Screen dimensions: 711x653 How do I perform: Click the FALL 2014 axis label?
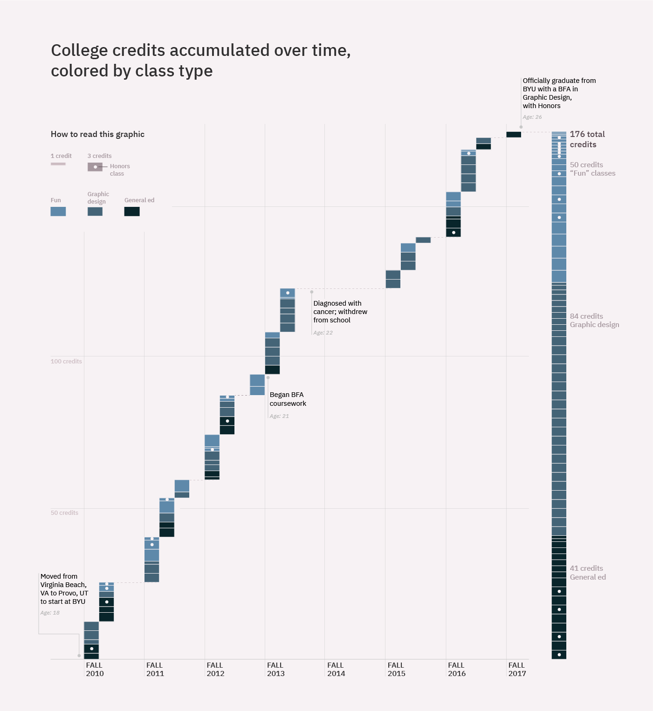coord(336,669)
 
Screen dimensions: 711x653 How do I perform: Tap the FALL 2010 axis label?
coord(95,669)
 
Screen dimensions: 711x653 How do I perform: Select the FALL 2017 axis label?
coord(517,669)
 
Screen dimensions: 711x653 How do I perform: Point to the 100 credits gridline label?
coord(66,362)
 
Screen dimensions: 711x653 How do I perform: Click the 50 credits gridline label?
coord(64,513)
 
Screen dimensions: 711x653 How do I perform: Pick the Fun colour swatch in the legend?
coord(58,212)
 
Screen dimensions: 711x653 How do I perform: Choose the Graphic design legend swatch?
coord(95,212)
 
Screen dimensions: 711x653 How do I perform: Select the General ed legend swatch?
coord(132,212)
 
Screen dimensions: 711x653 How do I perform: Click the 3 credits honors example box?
coord(95,167)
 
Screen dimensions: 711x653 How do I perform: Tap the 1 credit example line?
coord(58,164)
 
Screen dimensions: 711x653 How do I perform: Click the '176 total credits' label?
coord(587,139)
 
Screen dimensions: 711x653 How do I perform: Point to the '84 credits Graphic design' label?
coord(594,321)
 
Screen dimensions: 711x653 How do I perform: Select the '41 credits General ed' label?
coord(588,573)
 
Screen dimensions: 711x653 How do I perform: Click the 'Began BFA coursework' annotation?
coord(288,399)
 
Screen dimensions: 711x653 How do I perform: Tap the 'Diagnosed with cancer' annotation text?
coord(340,312)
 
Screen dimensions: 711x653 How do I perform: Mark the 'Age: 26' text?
coord(532,117)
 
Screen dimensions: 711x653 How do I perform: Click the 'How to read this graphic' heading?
coord(97,134)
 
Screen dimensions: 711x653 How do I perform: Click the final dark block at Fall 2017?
coord(514,135)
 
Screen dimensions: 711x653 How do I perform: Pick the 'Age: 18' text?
coord(50,613)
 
